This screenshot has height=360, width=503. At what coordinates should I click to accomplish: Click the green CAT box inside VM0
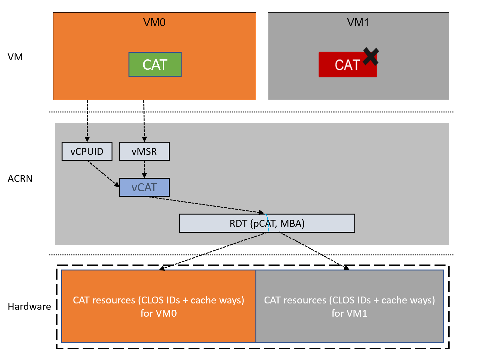coord(155,64)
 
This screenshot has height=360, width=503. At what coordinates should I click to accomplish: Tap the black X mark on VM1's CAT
coord(371,56)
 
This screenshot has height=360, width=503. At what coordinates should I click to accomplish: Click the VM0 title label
coord(154,22)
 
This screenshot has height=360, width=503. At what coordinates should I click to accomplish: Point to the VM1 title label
coord(358,22)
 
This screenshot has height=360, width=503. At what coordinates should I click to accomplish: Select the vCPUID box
coord(87,151)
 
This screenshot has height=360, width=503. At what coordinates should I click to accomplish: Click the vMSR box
coord(144,151)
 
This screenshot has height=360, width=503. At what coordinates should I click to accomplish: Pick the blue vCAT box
coord(144,188)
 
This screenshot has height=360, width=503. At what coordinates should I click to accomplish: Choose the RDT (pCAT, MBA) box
coord(267,223)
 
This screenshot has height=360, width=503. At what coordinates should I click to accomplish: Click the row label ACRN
coord(20,178)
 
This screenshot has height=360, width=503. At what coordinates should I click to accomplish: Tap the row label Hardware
coord(29,306)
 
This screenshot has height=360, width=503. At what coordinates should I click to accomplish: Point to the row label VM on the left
coord(15,57)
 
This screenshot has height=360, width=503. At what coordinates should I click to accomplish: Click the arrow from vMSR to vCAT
coord(144,169)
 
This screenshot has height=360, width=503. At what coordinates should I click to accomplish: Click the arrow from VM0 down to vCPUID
coord(87,121)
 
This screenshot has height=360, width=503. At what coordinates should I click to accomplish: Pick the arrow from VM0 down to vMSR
coord(144,121)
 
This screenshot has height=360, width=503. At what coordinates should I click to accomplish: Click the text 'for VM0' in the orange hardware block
coord(159,313)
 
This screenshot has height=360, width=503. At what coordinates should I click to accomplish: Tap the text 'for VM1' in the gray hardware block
coord(349,313)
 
